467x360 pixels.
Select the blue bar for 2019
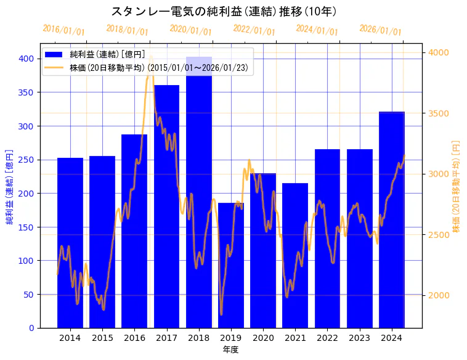click(x=231, y=265)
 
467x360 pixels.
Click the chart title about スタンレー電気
click(x=224, y=11)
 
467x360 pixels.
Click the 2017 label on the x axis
click(x=166, y=338)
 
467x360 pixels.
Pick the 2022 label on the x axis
click(x=327, y=338)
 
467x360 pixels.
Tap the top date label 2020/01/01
click(x=190, y=30)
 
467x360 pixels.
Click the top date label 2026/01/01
click(x=380, y=30)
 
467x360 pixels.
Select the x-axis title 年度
click(x=231, y=350)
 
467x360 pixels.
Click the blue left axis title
click(x=9, y=186)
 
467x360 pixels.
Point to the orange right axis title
click(x=457, y=186)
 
